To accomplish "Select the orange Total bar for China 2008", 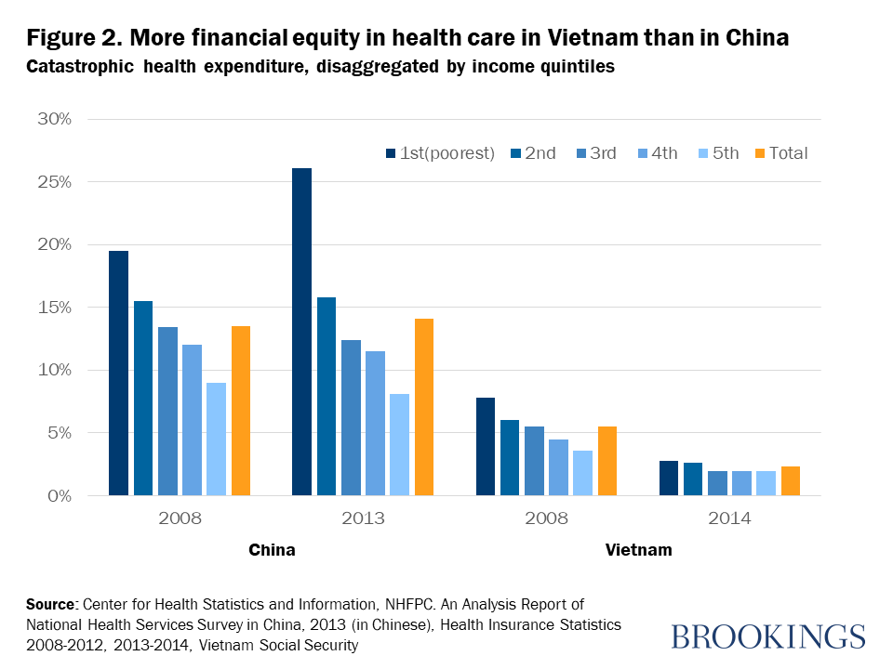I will [x=241, y=411].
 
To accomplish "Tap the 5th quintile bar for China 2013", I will [x=400, y=444].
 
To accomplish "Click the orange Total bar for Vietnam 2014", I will [x=791, y=481].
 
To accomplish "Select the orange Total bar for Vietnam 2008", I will [x=607, y=461].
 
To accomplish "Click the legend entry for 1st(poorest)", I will [x=439, y=153].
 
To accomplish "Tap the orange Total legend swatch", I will [x=760, y=153].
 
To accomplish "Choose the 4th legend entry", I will [x=660, y=153].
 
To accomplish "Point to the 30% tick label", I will [x=53, y=120].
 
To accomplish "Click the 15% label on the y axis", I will [x=53, y=308].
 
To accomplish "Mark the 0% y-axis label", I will [x=58, y=496].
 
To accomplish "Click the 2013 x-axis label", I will [x=363, y=518].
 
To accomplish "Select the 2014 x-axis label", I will [x=730, y=518].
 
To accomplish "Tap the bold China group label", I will [x=272, y=550].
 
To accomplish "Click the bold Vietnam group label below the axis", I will [x=638, y=550].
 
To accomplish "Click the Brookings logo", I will [x=767, y=637].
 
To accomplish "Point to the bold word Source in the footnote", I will [x=49, y=604].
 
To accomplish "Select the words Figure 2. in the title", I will [x=73, y=39].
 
